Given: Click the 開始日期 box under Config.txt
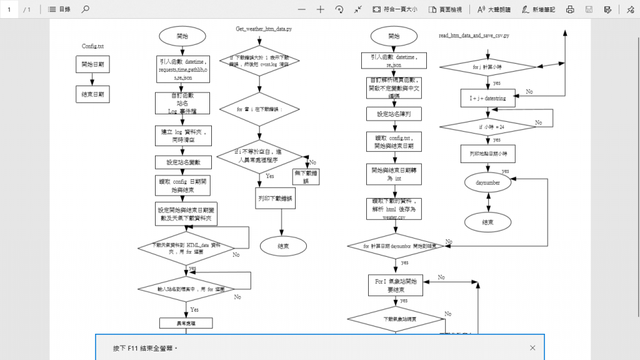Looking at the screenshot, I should click(92, 64).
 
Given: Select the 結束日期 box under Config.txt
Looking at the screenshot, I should click(92, 95).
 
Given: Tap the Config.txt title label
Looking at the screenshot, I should click(92, 46).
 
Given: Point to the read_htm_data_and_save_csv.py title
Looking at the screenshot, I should click(474, 36).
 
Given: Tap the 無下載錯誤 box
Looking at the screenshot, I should click(306, 177).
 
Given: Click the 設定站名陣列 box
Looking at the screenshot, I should click(394, 114).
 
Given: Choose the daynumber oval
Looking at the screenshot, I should click(488, 183).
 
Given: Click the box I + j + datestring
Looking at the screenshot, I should click(488, 98).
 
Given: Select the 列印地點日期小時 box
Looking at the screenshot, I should click(488, 153).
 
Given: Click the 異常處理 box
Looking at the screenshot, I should click(186, 323).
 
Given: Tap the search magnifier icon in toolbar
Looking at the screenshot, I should click(86, 9).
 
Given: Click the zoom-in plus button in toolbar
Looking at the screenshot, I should click(321, 9).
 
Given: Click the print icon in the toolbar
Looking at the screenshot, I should click(570, 9).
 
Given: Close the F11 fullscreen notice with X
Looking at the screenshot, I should click(532, 347).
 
